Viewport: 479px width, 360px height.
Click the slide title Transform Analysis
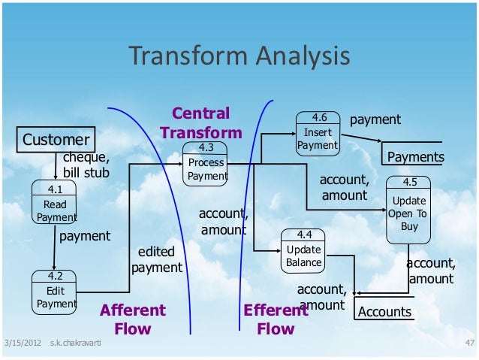pos(239,56)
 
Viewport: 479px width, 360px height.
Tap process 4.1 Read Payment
pos(56,203)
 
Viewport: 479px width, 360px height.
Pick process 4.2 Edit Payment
pos(56,290)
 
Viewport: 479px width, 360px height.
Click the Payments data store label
pos(415,157)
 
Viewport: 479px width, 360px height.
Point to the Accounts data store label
pos(385,312)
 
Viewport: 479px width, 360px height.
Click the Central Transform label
pos(201,123)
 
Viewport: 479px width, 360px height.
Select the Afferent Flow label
pos(133,319)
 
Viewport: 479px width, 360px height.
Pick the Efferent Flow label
pos(275,319)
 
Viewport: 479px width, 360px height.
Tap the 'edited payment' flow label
pos(157,260)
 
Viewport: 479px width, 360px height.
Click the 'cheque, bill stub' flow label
pos(86,165)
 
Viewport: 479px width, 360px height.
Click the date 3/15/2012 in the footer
pos(21,344)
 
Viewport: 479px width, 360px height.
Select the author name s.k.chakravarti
pos(76,344)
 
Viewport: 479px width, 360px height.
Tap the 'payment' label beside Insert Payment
pos(375,119)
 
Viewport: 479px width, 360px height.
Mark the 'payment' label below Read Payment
pos(85,236)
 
